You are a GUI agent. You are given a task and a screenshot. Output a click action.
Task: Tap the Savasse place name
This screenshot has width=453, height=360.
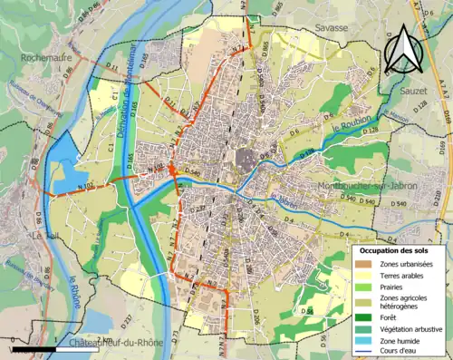(332, 28)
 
